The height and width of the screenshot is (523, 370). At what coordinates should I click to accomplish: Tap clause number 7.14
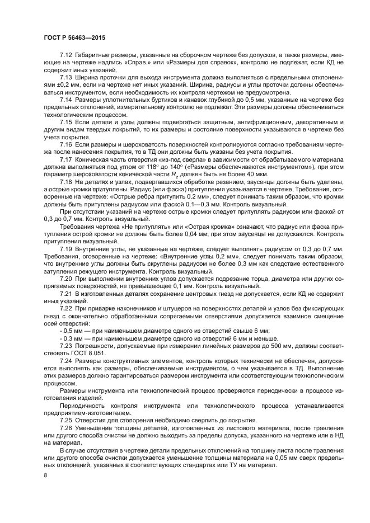coord(67,99)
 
